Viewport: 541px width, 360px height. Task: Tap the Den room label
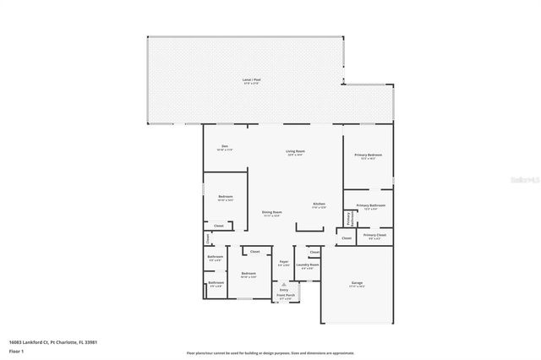(x=225, y=148)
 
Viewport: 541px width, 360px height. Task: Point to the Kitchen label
(x=319, y=205)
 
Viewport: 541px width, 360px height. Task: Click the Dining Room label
(x=271, y=212)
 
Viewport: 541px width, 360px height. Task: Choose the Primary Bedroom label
(x=369, y=155)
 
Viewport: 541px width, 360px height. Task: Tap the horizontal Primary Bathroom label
(x=370, y=206)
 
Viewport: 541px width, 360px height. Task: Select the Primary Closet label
(x=374, y=235)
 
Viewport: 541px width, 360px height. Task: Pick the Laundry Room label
(x=309, y=265)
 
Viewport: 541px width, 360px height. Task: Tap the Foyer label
(x=284, y=263)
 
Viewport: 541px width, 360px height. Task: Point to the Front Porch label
(x=285, y=296)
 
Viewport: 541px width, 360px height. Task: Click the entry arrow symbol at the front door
(x=284, y=286)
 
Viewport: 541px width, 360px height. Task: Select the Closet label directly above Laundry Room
(x=314, y=252)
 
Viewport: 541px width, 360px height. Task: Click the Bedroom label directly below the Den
(x=225, y=197)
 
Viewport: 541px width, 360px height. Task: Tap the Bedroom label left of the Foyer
(x=248, y=274)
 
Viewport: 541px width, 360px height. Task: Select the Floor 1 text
(x=15, y=350)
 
